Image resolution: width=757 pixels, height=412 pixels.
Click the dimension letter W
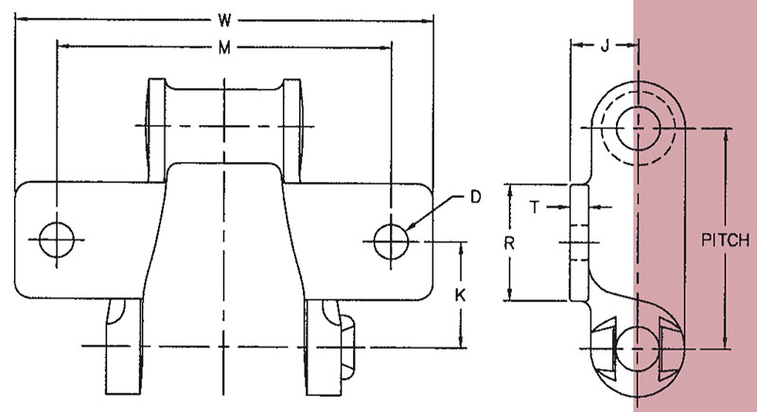(224, 20)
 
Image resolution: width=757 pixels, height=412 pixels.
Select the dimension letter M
(224, 47)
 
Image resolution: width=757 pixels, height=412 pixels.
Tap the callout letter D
(476, 197)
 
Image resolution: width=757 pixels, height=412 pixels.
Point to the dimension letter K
(461, 295)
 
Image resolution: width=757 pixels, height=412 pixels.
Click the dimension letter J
(605, 45)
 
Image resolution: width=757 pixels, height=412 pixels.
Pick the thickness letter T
(535, 207)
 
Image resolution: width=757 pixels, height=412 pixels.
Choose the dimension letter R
(509, 243)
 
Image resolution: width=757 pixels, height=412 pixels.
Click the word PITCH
(725, 240)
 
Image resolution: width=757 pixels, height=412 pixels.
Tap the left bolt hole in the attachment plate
(57, 240)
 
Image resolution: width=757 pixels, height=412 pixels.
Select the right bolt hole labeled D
(391, 241)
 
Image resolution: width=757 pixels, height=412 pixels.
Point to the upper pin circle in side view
(638, 128)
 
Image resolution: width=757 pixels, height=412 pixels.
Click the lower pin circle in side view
(638, 349)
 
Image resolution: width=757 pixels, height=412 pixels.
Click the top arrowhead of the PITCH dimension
(726, 135)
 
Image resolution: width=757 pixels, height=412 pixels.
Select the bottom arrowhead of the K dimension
(462, 341)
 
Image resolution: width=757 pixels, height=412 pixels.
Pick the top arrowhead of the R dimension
(509, 190)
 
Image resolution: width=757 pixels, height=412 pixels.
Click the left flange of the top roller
(155, 130)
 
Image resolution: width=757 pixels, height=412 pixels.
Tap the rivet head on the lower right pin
(347, 348)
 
